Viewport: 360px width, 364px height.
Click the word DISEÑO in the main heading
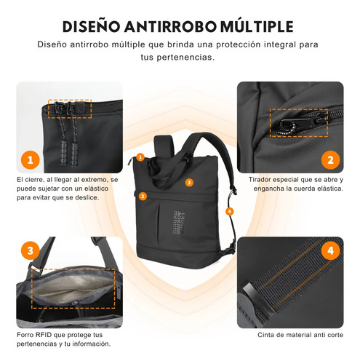tap(91, 26)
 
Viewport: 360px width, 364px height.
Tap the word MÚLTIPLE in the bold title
tap(257, 26)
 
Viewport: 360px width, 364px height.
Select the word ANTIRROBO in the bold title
tap(170, 26)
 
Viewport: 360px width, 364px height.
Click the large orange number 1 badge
tap(31, 160)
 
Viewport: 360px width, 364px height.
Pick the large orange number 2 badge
tap(330, 160)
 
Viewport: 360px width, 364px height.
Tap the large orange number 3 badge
tap(31, 250)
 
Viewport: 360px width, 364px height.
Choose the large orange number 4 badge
tap(330, 250)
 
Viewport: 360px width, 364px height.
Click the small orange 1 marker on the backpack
tap(140, 157)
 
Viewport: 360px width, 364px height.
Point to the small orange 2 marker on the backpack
tap(143, 196)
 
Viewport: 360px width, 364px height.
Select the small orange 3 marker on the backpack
tap(189, 183)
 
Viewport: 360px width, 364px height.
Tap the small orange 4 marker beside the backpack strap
tap(229, 211)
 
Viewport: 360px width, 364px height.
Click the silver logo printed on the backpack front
tap(179, 223)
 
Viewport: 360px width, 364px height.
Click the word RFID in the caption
tap(44, 335)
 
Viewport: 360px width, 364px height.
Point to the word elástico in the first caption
tap(97, 189)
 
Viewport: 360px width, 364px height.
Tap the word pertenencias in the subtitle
tap(185, 58)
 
